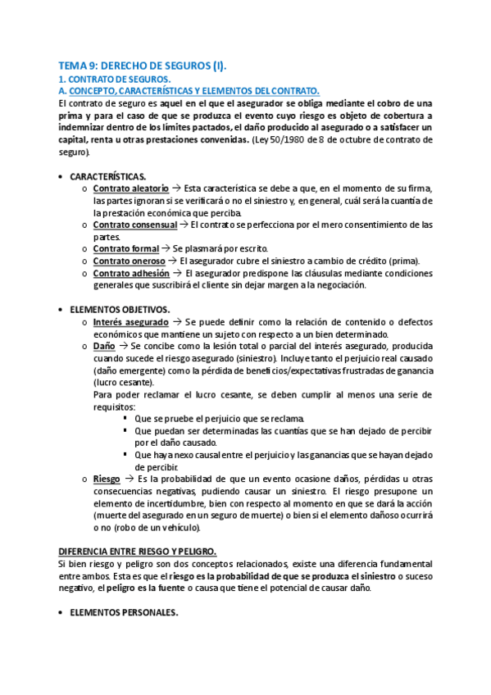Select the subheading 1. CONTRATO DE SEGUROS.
(x=113, y=79)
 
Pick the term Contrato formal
(x=125, y=248)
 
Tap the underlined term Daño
(x=103, y=347)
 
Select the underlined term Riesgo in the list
(x=107, y=478)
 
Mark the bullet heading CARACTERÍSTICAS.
(x=108, y=176)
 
